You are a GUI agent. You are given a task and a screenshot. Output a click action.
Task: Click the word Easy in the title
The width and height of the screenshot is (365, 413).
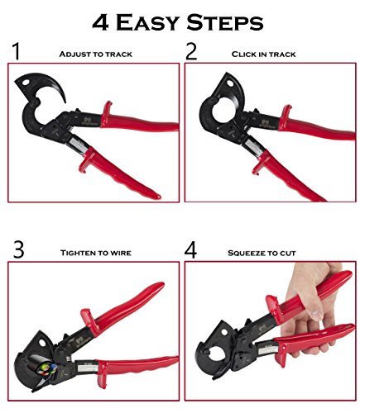coord(147,22)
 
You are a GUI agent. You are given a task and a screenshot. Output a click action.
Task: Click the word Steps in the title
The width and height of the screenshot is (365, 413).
coord(225,22)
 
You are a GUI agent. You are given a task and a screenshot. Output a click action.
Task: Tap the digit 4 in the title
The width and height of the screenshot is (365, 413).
coord(100,22)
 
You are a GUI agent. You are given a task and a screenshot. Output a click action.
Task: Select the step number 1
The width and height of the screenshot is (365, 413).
coord(17,51)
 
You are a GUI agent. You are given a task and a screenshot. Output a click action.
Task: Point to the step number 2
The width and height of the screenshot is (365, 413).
coord(191,51)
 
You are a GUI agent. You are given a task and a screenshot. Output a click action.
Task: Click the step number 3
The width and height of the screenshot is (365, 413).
coord(18,249)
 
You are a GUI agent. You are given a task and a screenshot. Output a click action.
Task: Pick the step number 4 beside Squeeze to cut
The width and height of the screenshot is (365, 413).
coord(190,249)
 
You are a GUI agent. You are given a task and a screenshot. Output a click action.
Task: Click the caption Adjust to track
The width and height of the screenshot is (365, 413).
coord(96,55)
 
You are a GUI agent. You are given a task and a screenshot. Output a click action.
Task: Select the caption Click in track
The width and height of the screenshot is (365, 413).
coord(263,55)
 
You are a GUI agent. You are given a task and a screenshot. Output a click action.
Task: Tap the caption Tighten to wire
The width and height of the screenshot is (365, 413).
coord(96,253)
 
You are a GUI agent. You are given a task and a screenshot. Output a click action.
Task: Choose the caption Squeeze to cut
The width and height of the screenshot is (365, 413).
coord(262,253)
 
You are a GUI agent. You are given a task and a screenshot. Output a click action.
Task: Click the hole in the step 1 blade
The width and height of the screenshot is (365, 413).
coord(26,83)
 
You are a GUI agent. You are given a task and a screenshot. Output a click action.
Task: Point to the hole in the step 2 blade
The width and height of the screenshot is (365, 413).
coord(229,83)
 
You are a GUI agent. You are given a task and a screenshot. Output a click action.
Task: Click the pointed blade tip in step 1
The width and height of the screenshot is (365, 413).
coord(65,102)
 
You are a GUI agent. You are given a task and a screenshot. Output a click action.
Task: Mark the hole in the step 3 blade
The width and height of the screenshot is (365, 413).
coord(42,343)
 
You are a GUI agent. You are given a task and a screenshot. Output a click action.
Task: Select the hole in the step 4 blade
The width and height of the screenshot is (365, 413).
coord(224,332)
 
